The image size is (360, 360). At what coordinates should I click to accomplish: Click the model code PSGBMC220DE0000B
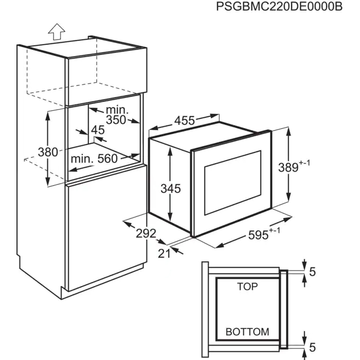[x=280, y=7]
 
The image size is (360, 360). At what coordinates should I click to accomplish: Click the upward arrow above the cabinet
[x=56, y=31]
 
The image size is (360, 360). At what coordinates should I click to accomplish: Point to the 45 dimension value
[x=98, y=130]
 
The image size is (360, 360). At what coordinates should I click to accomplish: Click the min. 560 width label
[x=94, y=158]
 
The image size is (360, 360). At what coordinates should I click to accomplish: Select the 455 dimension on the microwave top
[x=184, y=121]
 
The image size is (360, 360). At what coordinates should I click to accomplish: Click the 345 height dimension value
[x=170, y=188]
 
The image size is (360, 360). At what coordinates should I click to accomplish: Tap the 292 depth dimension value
[x=146, y=233]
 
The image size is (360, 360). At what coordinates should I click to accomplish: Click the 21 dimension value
[x=164, y=253]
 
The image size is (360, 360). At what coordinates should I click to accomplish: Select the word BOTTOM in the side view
[x=247, y=332]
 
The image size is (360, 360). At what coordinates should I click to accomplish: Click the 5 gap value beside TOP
[x=312, y=271]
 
